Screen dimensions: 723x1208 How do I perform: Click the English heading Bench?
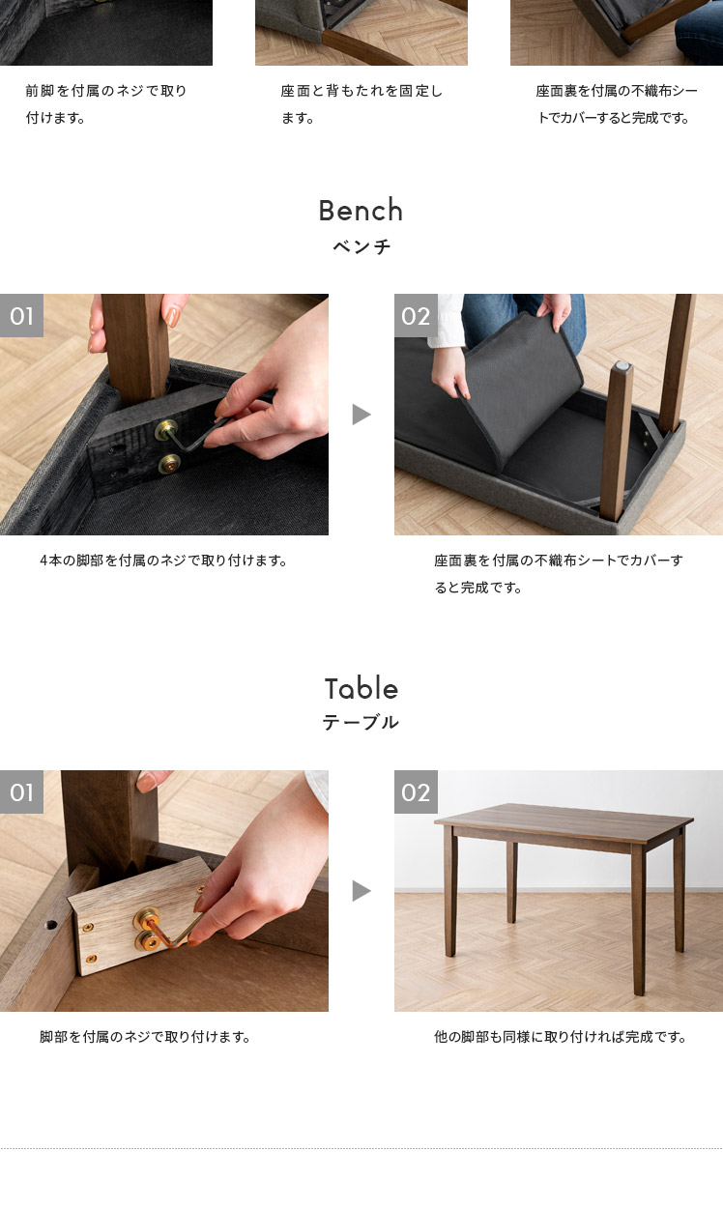[x=361, y=210]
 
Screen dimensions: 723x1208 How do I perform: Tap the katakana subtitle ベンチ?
[x=361, y=246]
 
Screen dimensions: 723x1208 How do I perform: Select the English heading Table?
[x=361, y=688]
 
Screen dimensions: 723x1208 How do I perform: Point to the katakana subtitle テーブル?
[x=361, y=722]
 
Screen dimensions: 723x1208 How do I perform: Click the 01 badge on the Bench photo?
[x=21, y=315]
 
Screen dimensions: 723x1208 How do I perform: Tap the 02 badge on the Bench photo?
[x=416, y=315]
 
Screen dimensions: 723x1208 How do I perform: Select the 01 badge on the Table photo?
[x=21, y=791]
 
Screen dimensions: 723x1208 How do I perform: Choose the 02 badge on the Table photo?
[x=416, y=791]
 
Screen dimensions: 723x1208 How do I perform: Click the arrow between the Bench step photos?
[x=361, y=415]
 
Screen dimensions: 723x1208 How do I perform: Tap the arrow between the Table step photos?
[x=361, y=890]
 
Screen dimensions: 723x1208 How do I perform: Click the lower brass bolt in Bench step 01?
[x=169, y=463]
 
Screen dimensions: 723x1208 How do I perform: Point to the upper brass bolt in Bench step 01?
[x=165, y=430]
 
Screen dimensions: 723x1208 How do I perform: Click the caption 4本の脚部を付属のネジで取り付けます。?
[x=163, y=561]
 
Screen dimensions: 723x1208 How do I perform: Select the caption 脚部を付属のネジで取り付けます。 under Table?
[x=145, y=1037]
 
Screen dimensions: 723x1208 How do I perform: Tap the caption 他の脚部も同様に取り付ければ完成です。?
[x=560, y=1037]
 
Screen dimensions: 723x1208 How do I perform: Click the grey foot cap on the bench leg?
[x=622, y=366]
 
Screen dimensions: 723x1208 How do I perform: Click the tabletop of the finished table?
[x=564, y=821]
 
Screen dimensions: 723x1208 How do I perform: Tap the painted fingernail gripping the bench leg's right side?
[x=173, y=317]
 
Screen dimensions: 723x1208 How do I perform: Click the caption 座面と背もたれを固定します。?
[x=361, y=104]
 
